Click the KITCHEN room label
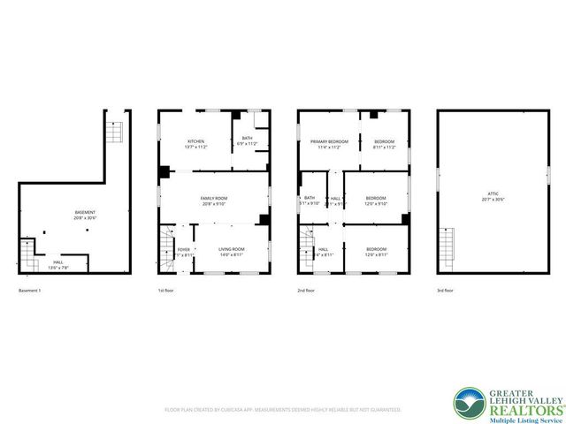[x=196, y=141]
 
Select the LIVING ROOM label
[x=232, y=250]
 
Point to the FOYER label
[x=183, y=250]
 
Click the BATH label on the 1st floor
[x=248, y=138]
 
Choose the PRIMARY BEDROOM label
[x=328, y=141]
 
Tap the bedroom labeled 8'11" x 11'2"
[x=384, y=141]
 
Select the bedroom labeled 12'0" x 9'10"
[x=377, y=198]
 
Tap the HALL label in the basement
[x=58, y=261]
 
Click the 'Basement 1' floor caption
[x=30, y=291]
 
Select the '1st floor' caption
[x=166, y=291]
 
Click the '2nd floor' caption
[x=307, y=291]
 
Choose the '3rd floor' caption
[x=447, y=291]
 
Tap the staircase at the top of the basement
[x=113, y=132]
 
